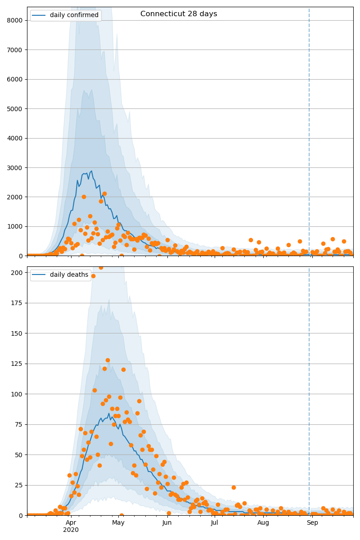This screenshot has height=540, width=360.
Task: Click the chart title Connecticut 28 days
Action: pyautogui.click(x=179, y=14)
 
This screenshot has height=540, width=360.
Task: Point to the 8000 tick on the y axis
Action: pyautogui.click(x=16, y=20)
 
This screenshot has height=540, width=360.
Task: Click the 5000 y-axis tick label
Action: pyautogui.click(x=16, y=109)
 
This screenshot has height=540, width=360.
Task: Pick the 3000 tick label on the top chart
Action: pyautogui.click(x=16, y=168)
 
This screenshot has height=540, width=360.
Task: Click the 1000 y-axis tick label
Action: pyautogui.click(x=16, y=227)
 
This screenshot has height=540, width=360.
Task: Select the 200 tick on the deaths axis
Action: pyautogui.click(x=18, y=273)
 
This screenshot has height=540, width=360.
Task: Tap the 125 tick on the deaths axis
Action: pyautogui.click(x=18, y=364)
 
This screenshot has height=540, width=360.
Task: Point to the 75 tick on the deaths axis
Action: pyautogui.click(x=19, y=424)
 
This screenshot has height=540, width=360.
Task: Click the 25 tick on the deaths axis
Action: pyautogui.click(x=19, y=485)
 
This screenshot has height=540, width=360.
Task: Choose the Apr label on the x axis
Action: pyautogui.click(x=71, y=522)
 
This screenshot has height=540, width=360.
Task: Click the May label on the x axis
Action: pyautogui.click(x=118, y=522)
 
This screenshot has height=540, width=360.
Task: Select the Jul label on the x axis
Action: pyautogui.click(x=215, y=522)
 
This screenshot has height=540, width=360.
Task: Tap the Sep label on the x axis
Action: pyautogui.click(x=312, y=522)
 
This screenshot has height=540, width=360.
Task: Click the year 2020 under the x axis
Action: pyautogui.click(x=71, y=530)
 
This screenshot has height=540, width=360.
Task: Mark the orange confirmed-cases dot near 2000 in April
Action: pyautogui.click(x=84, y=197)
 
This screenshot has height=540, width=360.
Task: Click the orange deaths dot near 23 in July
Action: pyautogui.click(x=234, y=487)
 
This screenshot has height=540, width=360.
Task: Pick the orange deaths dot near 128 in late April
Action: pyautogui.click(x=108, y=360)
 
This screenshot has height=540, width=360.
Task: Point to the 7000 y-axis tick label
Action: pyautogui.click(x=16, y=50)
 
